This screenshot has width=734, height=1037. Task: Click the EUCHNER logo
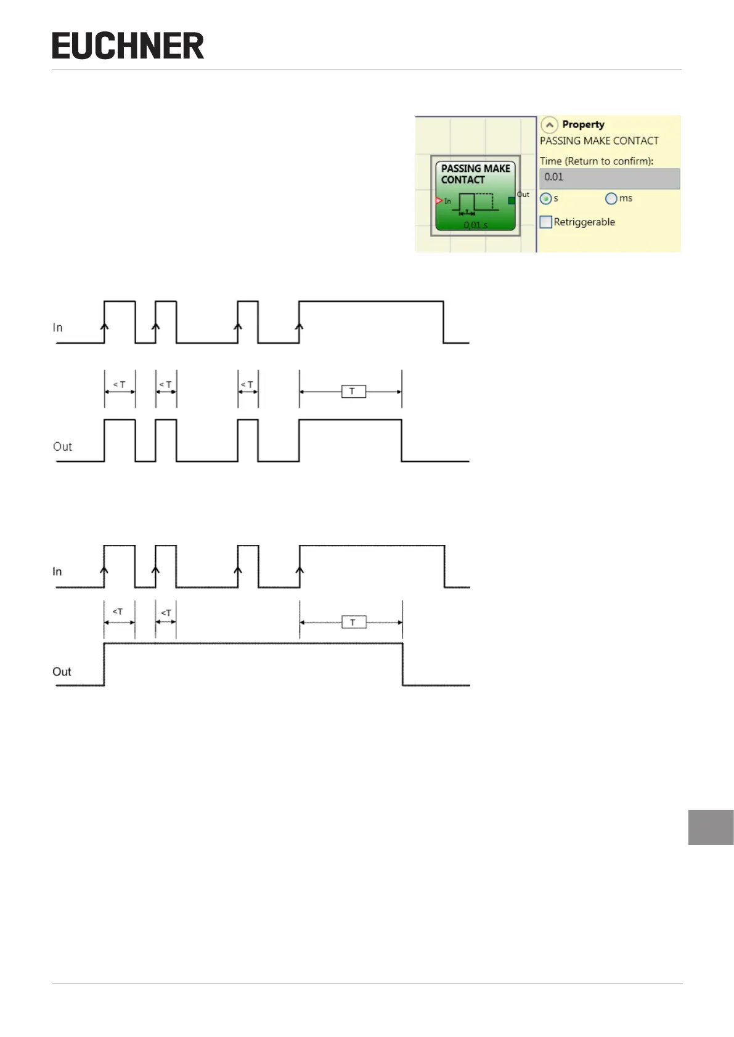(128, 46)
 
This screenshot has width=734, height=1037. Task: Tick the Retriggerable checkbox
(546, 222)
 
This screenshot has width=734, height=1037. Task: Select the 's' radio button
(545, 199)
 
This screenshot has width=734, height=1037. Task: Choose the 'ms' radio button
(611, 199)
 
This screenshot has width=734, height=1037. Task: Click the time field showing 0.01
(609, 178)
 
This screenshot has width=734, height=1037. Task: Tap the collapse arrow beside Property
(549, 124)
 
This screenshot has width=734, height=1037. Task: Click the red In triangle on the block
(439, 201)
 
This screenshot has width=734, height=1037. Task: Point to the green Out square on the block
(512, 201)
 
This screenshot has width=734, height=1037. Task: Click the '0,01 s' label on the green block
(475, 225)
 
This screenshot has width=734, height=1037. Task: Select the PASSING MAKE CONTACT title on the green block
(475, 174)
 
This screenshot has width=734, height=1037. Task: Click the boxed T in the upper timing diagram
(353, 391)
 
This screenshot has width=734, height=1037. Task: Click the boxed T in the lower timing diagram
(354, 623)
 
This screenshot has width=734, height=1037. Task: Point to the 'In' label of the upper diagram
(58, 328)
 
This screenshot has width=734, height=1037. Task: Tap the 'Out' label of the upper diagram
(62, 446)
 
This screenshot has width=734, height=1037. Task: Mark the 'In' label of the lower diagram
(57, 571)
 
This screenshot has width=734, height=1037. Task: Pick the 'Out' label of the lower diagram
(62, 671)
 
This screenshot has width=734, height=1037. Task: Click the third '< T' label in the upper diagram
(247, 384)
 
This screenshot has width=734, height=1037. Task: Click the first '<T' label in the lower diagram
(118, 611)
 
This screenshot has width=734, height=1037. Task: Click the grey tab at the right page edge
(711, 827)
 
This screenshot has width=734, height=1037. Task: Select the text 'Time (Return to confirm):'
(597, 161)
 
